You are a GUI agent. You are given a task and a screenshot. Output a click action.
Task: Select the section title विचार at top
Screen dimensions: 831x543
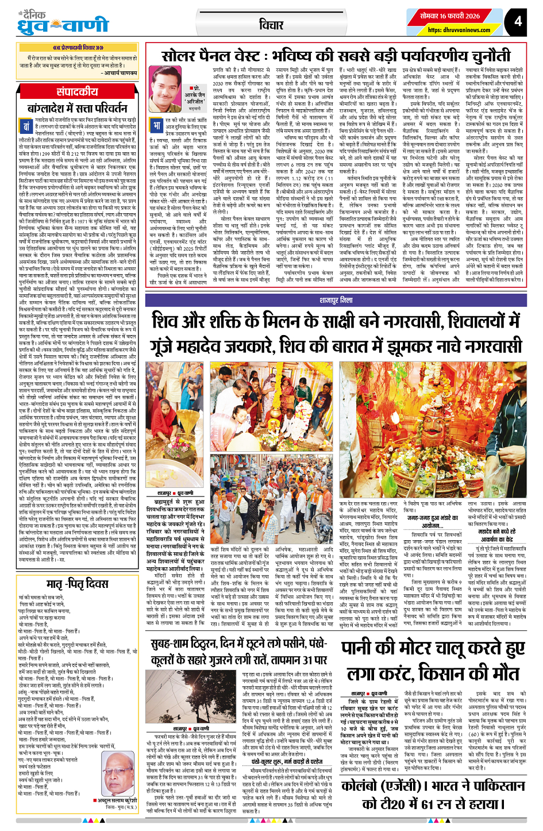pyautogui.click(x=271, y=25)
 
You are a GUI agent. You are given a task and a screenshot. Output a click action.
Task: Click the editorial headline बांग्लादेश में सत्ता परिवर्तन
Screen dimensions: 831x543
pyautogui.click(x=78, y=108)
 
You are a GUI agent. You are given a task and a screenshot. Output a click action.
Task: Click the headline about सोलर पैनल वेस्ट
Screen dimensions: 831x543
pyautogui.click(x=336, y=56)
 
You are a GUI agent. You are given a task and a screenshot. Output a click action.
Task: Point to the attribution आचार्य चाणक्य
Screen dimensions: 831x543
pyautogui.click(x=120, y=74)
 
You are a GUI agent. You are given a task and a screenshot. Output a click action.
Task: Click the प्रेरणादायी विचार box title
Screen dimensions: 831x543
pyautogui.click(x=78, y=47)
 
